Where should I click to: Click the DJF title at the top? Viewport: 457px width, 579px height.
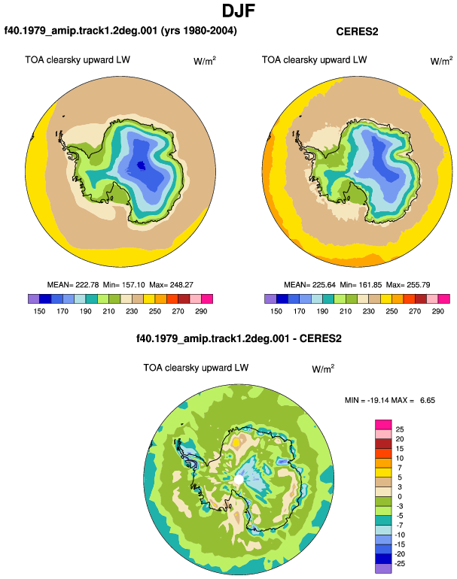click(239, 11)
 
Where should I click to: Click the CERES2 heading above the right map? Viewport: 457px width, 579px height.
click(357, 32)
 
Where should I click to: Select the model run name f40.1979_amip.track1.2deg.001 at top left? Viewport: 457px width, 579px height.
click(81, 30)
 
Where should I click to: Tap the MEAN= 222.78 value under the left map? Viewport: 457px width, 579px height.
click(73, 285)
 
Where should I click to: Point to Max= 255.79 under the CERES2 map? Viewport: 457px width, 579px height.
click(408, 285)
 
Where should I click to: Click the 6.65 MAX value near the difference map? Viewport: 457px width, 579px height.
click(428, 400)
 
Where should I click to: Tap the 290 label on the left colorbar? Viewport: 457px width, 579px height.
click(201, 311)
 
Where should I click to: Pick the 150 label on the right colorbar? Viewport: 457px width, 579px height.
click(276, 311)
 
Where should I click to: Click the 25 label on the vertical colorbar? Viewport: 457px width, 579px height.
click(400, 429)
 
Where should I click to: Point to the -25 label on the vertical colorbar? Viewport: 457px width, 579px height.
click(400, 563)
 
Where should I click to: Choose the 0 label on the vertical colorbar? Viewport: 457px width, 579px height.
click(400, 496)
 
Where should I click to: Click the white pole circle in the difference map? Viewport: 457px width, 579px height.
click(239, 480)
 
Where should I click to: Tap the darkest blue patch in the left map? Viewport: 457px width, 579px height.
click(141, 165)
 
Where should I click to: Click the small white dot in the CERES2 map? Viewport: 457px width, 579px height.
click(357, 171)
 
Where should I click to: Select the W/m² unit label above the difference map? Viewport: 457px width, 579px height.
click(323, 368)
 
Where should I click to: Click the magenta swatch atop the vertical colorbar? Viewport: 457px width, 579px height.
click(383, 425)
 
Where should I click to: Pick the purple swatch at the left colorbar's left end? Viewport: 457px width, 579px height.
click(33, 299)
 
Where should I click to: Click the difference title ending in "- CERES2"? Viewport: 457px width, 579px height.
click(239, 338)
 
